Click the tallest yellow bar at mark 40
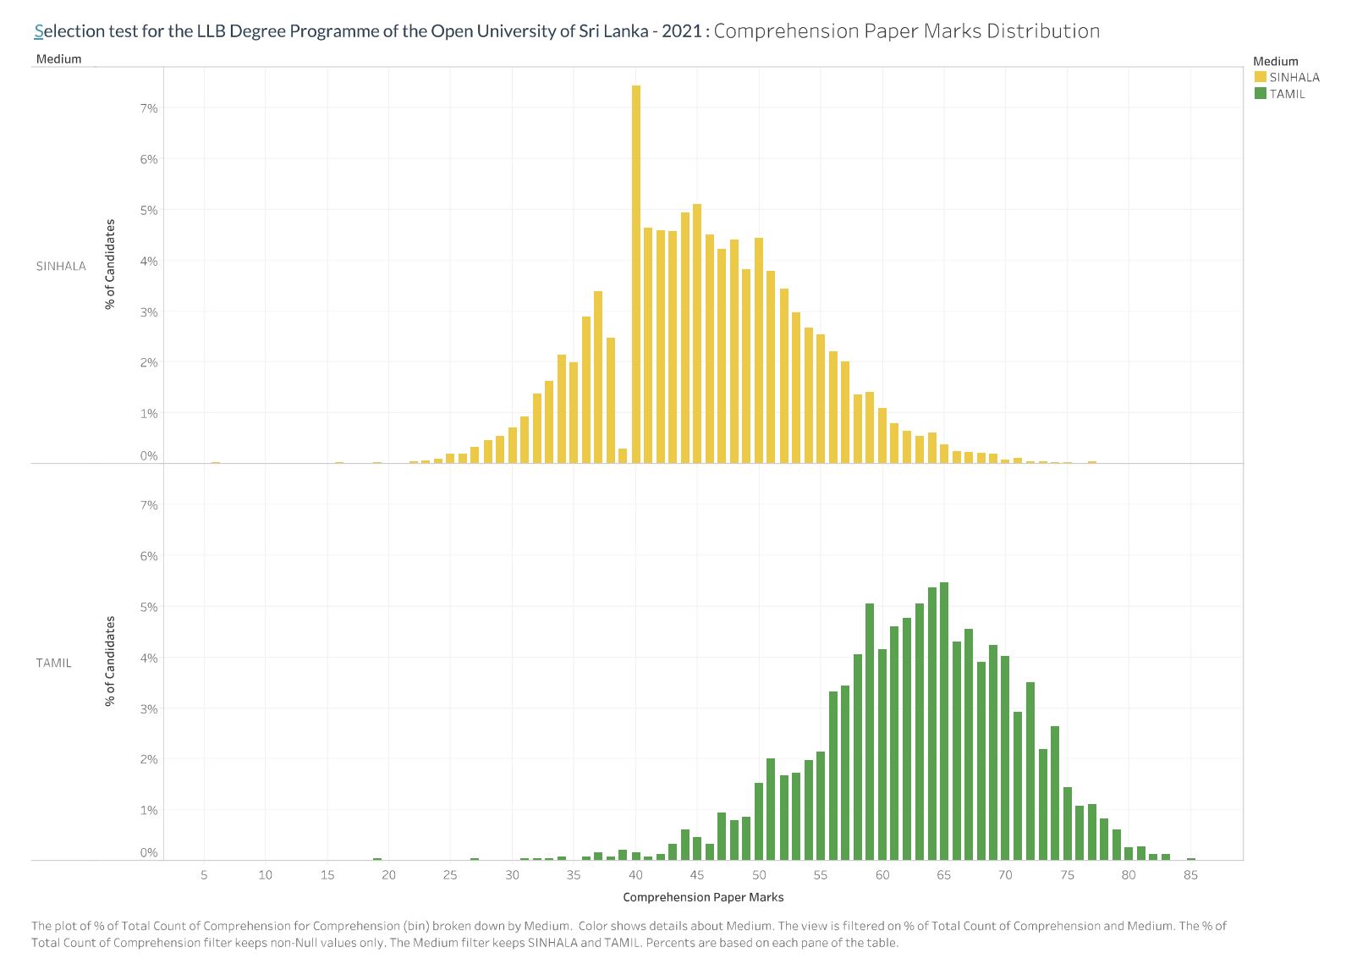pos(635,274)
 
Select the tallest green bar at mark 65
pos(943,721)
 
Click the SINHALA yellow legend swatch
pos(1260,77)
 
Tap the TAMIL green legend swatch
pos(1260,93)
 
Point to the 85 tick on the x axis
pos(1190,875)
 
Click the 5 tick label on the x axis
pos(204,875)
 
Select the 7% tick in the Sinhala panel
pos(148,108)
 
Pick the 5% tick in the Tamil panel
pos(148,607)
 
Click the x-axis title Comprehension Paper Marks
pos(703,897)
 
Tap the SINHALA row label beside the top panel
pos(61,267)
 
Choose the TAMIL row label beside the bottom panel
pos(54,663)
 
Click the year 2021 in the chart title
pos(682,31)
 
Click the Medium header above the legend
pos(1275,61)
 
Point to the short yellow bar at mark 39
pos(623,455)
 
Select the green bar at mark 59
pos(870,732)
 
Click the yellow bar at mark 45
pos(697,333)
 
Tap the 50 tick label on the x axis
pos(759,875)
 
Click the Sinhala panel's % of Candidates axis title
pos(110,264)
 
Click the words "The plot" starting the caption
pos(52,926)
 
